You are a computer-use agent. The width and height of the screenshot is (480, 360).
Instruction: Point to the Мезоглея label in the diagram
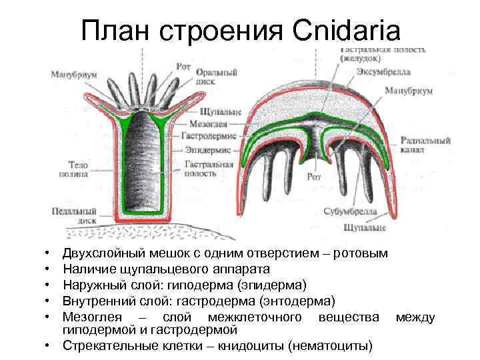tap(196, 123)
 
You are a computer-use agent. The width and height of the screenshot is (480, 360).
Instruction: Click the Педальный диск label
tap(70, 215)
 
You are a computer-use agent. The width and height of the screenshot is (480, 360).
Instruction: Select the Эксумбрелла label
tap(383, 71)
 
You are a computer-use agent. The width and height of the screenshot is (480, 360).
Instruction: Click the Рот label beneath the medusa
tap(314, 177)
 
